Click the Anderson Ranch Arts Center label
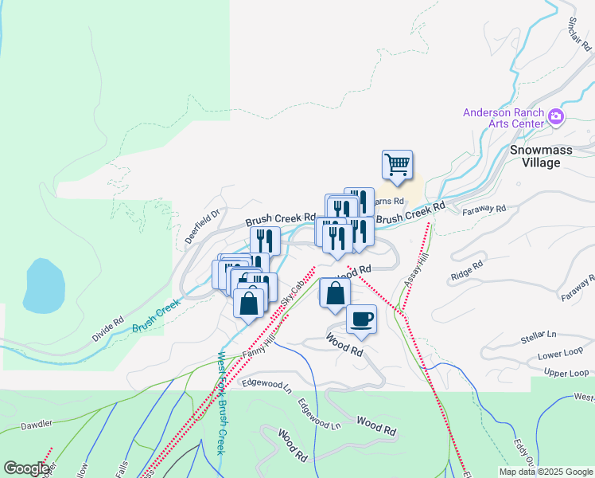(504, 119)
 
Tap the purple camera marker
(556, 119)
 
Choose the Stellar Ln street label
(539, 336)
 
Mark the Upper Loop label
(566, 373)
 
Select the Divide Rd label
(107, 331)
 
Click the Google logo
(26, 468)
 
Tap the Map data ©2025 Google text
(545, 471)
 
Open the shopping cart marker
(397, 166)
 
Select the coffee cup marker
(361, 319)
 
